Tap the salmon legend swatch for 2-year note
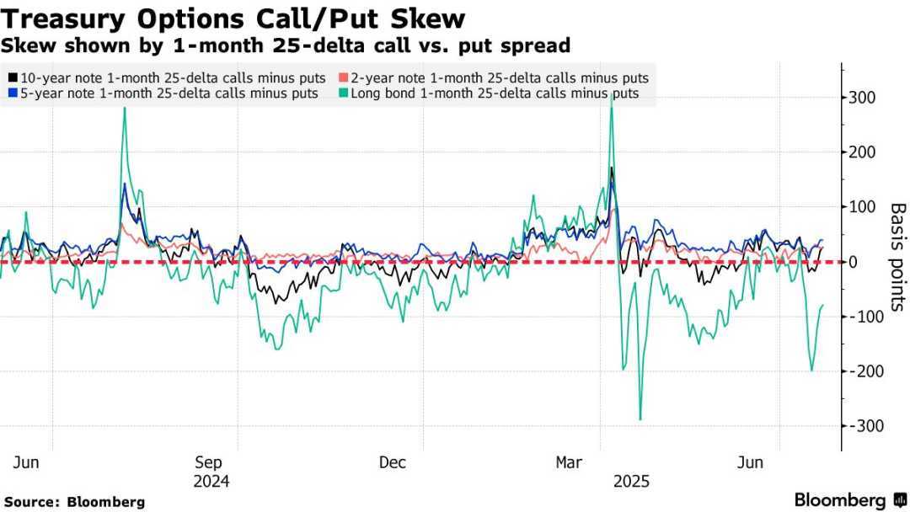(x=342, y=77)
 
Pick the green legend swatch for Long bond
(x=342, y=93)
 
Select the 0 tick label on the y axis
(x=854, y=262)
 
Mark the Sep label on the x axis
(x=208, y=462)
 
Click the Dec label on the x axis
(x=393, y=462)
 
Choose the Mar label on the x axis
(x=570, y=462)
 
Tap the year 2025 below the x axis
(x=631, y=482)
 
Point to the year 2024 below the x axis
(x=211, y=482)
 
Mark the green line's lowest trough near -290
(x=640, y=419)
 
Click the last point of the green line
(x=823, y=305)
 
